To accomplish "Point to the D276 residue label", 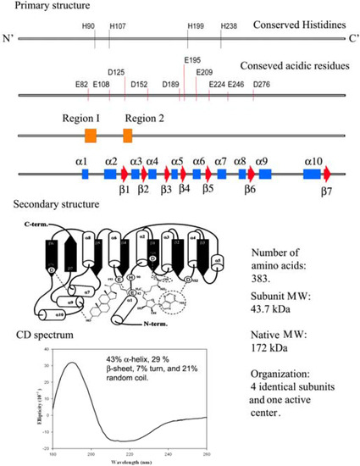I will click(262, 84).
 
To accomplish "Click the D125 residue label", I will click(116, 73).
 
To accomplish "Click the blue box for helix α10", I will click(312, 174).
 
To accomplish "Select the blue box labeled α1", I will click(85, 174).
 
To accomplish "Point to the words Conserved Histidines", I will click(285, 26).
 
